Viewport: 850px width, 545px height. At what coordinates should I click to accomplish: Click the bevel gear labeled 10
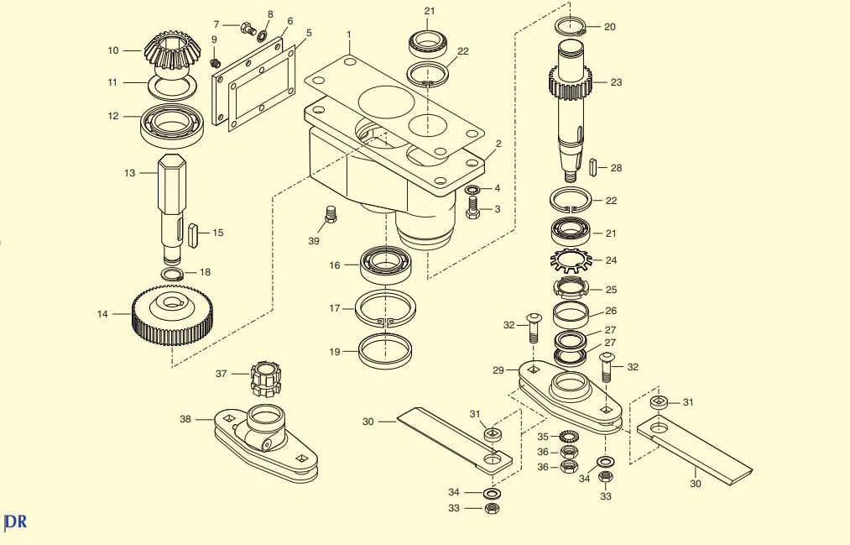[x=172, y=55]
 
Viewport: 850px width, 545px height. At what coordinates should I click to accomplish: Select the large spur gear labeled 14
[x=172, y=317]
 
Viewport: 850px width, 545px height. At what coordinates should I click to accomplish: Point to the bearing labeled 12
[x=172, y=125]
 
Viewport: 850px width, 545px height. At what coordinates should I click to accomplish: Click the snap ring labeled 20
[x=570, y=25]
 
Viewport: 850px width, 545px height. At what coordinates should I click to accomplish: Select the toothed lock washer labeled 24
[x=570, y=261]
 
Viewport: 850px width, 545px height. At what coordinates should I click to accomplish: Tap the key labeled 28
[x=593, y=166]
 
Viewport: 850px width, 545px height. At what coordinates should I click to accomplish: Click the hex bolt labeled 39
[x=330, y=213]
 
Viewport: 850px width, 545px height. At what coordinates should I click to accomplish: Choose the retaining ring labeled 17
[x=385, y=309]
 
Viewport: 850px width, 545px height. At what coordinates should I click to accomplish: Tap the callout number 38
[x=185, y=419]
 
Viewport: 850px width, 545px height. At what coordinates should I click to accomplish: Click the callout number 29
[x=498, y=370]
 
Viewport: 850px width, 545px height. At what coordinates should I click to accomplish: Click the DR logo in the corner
[x=15, y=521]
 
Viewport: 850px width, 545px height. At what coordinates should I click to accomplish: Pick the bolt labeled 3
[x=472, y=207]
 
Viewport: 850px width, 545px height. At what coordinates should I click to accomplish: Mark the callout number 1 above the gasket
[x=349, y=34]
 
